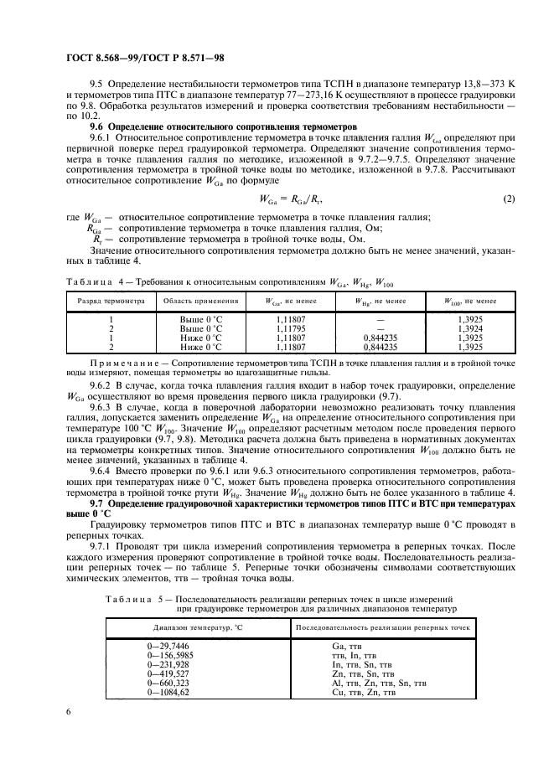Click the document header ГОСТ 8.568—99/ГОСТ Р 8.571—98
[144, 57]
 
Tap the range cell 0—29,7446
[170, 647]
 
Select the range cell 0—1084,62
[168, 693]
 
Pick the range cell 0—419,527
[168, 674]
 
